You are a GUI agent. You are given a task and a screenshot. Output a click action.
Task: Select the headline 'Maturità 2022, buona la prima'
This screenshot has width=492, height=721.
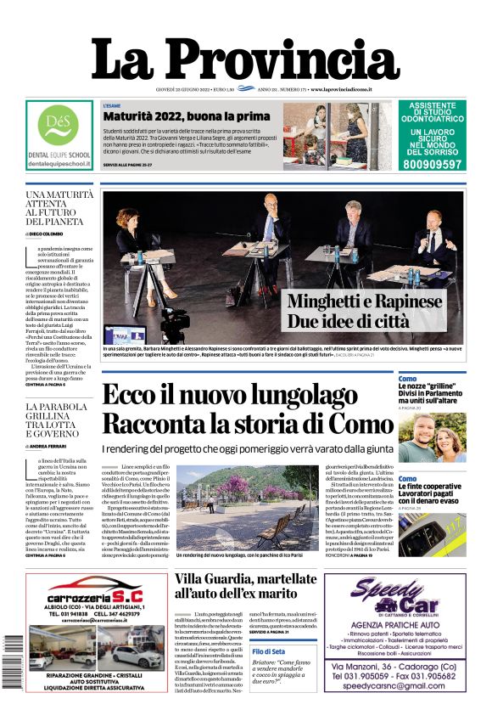[186, 116]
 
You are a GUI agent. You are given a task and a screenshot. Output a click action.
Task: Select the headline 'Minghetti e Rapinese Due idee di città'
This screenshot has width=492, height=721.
[364, 312]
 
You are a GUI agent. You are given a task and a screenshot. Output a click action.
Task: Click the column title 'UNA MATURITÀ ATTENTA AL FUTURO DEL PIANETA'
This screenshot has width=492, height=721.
[59, 213]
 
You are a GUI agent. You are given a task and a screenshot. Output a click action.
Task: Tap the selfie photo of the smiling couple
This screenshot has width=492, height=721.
[431, 438]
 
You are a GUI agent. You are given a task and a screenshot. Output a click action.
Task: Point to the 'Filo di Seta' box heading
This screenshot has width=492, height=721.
[269, 651]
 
